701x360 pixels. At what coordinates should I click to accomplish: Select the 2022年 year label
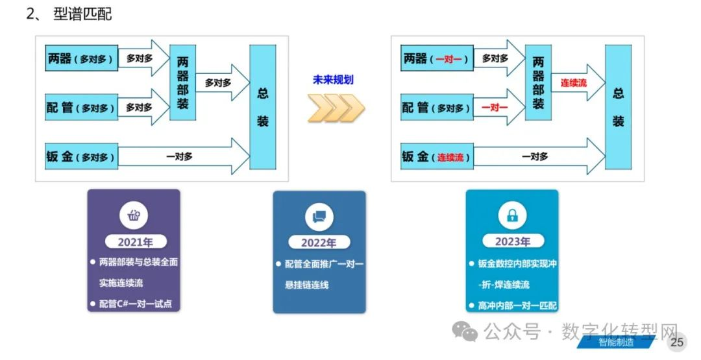[319, 243]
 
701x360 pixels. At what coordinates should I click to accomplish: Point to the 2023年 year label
[512, 242]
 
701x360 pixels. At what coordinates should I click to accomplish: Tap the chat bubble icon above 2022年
[319, 217]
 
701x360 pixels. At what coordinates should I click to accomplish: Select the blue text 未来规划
[334, 80]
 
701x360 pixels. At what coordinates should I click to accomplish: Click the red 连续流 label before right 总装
[573, 82]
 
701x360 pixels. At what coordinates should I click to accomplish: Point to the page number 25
[677, 342]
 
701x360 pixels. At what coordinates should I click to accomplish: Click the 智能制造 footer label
[616, 342]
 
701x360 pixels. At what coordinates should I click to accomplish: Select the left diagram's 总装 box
[263, 107]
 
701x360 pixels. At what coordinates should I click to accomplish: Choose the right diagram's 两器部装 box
[538, 82]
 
